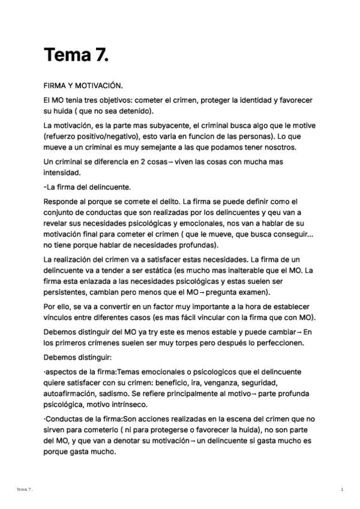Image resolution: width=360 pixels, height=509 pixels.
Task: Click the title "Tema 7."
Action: (76, 55)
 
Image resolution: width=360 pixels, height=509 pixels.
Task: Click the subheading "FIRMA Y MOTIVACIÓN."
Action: (83, 86)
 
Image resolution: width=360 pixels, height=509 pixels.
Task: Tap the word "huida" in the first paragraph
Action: (65, 111)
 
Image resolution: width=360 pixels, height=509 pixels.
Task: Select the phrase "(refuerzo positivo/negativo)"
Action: (88, 136)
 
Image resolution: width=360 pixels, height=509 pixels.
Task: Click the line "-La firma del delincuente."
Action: (87, 187)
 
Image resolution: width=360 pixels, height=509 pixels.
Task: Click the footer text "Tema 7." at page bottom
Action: (25, 490)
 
